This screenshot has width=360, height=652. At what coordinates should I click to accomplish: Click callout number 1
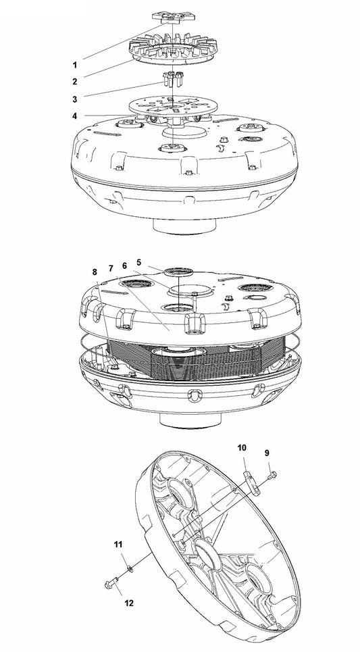(75, 66)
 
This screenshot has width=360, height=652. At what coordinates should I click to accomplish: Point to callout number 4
(75, 115)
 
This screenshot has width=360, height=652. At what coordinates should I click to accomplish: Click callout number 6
(124, 266)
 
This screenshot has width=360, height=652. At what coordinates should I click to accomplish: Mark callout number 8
(95, 272)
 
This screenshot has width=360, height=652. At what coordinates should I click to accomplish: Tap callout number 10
(241, 447)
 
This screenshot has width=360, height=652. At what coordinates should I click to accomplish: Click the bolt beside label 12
(111, 579)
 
